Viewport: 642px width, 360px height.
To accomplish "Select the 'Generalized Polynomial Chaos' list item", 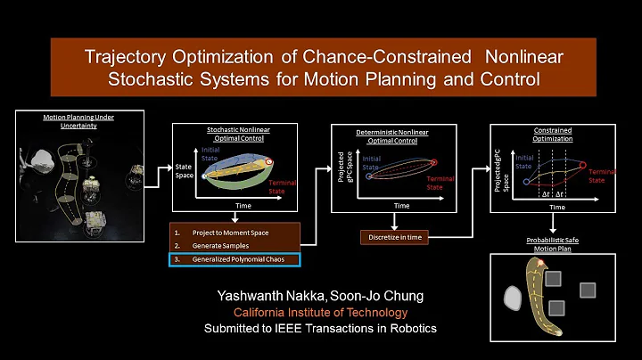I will tap(234, 259).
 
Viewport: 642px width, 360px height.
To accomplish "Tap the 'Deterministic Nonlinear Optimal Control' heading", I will tap(393, 135).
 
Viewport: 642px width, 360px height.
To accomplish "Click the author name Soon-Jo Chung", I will tap(358, 296).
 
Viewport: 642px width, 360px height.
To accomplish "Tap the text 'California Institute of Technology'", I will tap(320, 312).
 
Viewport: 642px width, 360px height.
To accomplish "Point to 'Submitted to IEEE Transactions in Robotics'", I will tap(320, 328).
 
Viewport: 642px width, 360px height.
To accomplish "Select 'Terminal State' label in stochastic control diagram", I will tap(283, 186).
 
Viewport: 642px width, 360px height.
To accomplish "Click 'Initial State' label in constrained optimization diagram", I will tap(523, 162).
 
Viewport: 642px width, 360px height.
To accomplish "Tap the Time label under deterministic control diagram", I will tap(401, 205).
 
